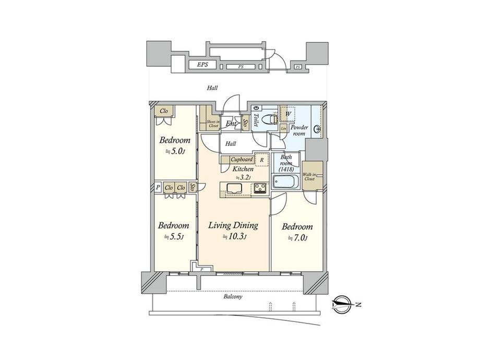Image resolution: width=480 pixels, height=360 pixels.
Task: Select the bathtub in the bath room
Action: [x=285, y=183]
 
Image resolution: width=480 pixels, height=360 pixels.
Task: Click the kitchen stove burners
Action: [x=260, y=189]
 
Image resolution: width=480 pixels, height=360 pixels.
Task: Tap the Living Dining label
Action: [x=233, y=226]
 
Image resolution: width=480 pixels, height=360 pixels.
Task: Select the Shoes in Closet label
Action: [x=207, y=122]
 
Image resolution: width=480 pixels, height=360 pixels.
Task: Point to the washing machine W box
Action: [x=287, y=113]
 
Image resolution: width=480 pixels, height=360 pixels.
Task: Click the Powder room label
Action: [x=299, y=130]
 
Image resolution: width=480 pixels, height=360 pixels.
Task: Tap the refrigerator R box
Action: [x=261, y=159]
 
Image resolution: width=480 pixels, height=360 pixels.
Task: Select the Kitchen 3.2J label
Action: [x=243, y=173]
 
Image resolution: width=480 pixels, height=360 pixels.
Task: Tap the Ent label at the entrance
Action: [x=231, y=124]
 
